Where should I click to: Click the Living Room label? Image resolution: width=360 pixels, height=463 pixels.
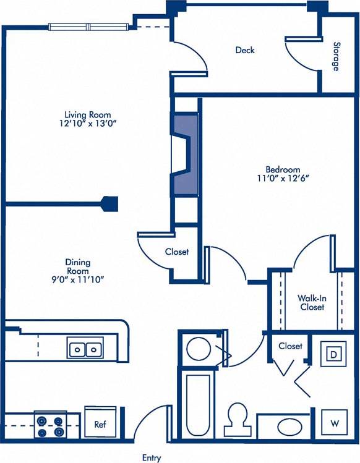click(88, 114)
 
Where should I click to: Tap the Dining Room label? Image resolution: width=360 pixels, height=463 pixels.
click(78, 266)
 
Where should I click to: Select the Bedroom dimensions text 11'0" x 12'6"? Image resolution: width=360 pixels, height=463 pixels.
click(283, 179)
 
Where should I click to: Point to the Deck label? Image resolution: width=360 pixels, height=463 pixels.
click(245, 50)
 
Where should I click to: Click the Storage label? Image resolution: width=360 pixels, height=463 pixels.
click(336, 56)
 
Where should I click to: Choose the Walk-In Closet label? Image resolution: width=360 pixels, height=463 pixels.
click(312, 302)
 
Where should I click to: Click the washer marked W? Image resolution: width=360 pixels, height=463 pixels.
click(334, 423)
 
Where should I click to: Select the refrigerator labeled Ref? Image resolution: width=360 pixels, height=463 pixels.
click(99, 425)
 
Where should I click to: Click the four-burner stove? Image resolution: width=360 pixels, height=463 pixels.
click(50, 426)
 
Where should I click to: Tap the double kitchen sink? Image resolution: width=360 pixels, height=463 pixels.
click(85, 349)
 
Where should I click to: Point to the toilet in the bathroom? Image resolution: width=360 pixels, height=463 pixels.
click(237, 420)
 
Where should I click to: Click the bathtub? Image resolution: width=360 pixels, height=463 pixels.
click(198, 405)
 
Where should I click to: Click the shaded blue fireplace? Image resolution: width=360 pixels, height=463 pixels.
click(184, 155)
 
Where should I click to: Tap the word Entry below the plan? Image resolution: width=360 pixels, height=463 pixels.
click(152, 458)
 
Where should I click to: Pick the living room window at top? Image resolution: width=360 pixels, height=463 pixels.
click(89, 27)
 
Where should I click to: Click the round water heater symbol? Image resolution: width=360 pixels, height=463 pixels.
click(199, 349)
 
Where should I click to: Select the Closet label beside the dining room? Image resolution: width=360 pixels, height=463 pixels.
click(177, 252)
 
